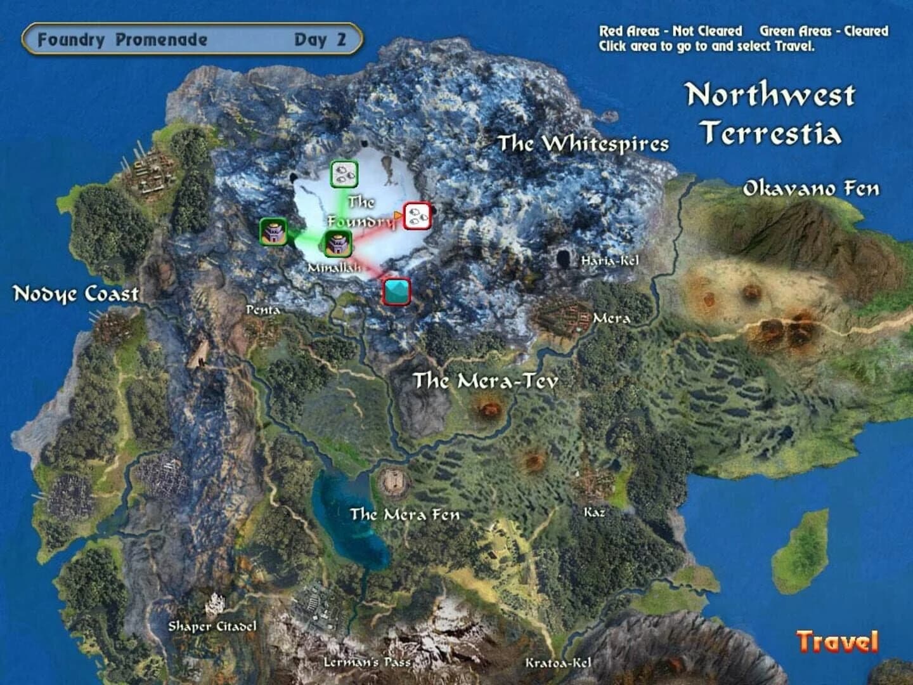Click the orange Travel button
click(x=838, y=641)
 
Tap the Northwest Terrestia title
click(x=771, y=114)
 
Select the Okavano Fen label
click(x=811, y=188)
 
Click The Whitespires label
click(x=583, y=143)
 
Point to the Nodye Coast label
click(x=76, y=294)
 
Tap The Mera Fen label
click(x=405, y=514)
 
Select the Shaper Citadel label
click(x=212, y=626)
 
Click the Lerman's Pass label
click(x=367, y=662)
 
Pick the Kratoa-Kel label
click(x=558, y=663)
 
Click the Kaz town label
click(x=594, y=512)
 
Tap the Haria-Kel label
click(x=610, y=260)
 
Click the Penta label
click(x=262, y=310)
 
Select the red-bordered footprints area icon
click(x=417, y=216)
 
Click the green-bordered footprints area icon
click(x=344, y=174)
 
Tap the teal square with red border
click(x=397, y=291)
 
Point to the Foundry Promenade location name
click(x=122, y=39)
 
